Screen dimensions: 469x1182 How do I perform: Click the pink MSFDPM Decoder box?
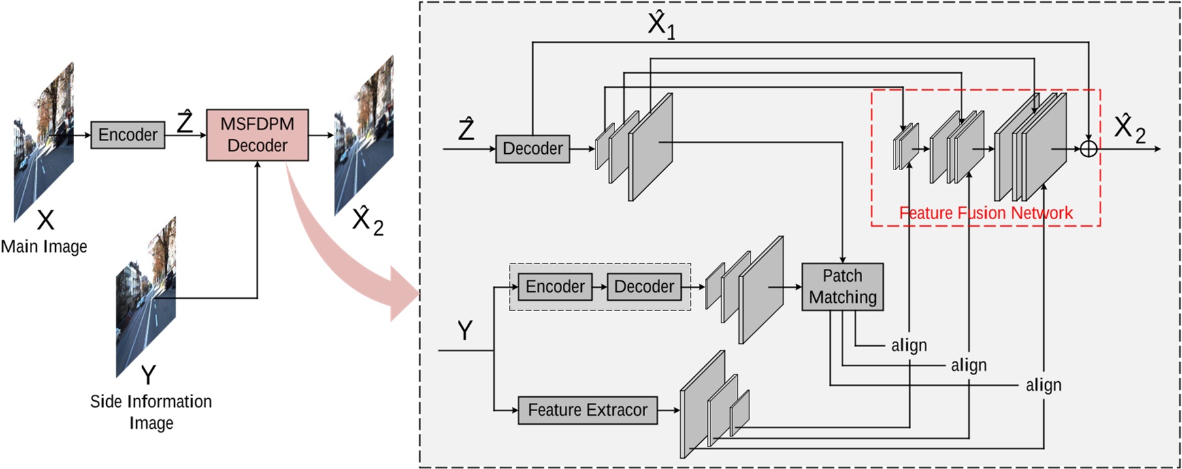(257, 135)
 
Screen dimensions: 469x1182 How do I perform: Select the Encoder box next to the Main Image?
(127, 135)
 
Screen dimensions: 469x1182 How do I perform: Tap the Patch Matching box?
(842, 287)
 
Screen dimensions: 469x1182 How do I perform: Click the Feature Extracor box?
(587, 410)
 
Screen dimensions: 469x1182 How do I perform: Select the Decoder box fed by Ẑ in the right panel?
(532, 148)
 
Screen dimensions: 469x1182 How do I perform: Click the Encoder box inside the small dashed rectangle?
(555, 287)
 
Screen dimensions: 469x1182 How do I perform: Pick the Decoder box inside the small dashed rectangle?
(644, 287)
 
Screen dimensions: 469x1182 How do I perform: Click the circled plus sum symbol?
(1089, 148)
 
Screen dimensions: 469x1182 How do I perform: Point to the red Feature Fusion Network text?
(985, 213)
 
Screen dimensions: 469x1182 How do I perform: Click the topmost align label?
(909, 345)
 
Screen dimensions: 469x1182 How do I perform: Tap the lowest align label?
(1043, 385)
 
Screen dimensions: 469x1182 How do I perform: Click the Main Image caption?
(44, 246)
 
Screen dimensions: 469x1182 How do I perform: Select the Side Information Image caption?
(151, 412)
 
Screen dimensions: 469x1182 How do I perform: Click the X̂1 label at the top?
(661, 25)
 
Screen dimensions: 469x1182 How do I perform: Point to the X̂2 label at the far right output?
(1130, 128)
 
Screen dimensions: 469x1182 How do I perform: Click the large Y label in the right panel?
(465, 331)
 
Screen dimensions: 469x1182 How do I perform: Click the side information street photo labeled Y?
(146, 297)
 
